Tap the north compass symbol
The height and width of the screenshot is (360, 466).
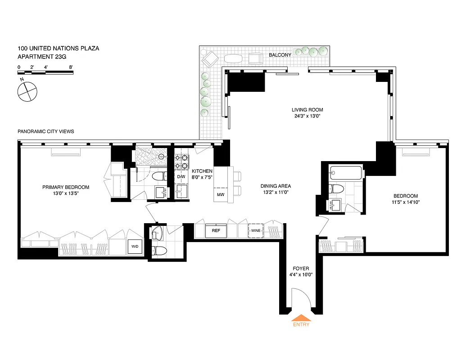point(27,91)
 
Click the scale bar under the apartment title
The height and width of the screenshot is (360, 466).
point(45,72)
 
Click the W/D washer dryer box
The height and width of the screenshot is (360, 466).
point(135,247)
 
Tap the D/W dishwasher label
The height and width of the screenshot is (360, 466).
point(181,177)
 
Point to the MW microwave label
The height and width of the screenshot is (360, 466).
point(221,195)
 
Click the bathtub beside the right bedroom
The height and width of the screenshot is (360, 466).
point(345,173)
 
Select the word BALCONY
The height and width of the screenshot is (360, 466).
point(280,55)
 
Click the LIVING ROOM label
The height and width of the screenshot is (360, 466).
point(307,110)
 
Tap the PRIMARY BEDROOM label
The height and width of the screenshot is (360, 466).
point(66,187)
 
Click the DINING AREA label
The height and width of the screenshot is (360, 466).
point(276,186)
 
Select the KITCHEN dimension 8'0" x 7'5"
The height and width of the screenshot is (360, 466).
point(202,177)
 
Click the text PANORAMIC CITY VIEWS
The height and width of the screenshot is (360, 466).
point(45,131)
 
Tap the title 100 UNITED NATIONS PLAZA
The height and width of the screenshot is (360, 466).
point(58,48)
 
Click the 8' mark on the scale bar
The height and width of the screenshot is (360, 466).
point(71,67)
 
